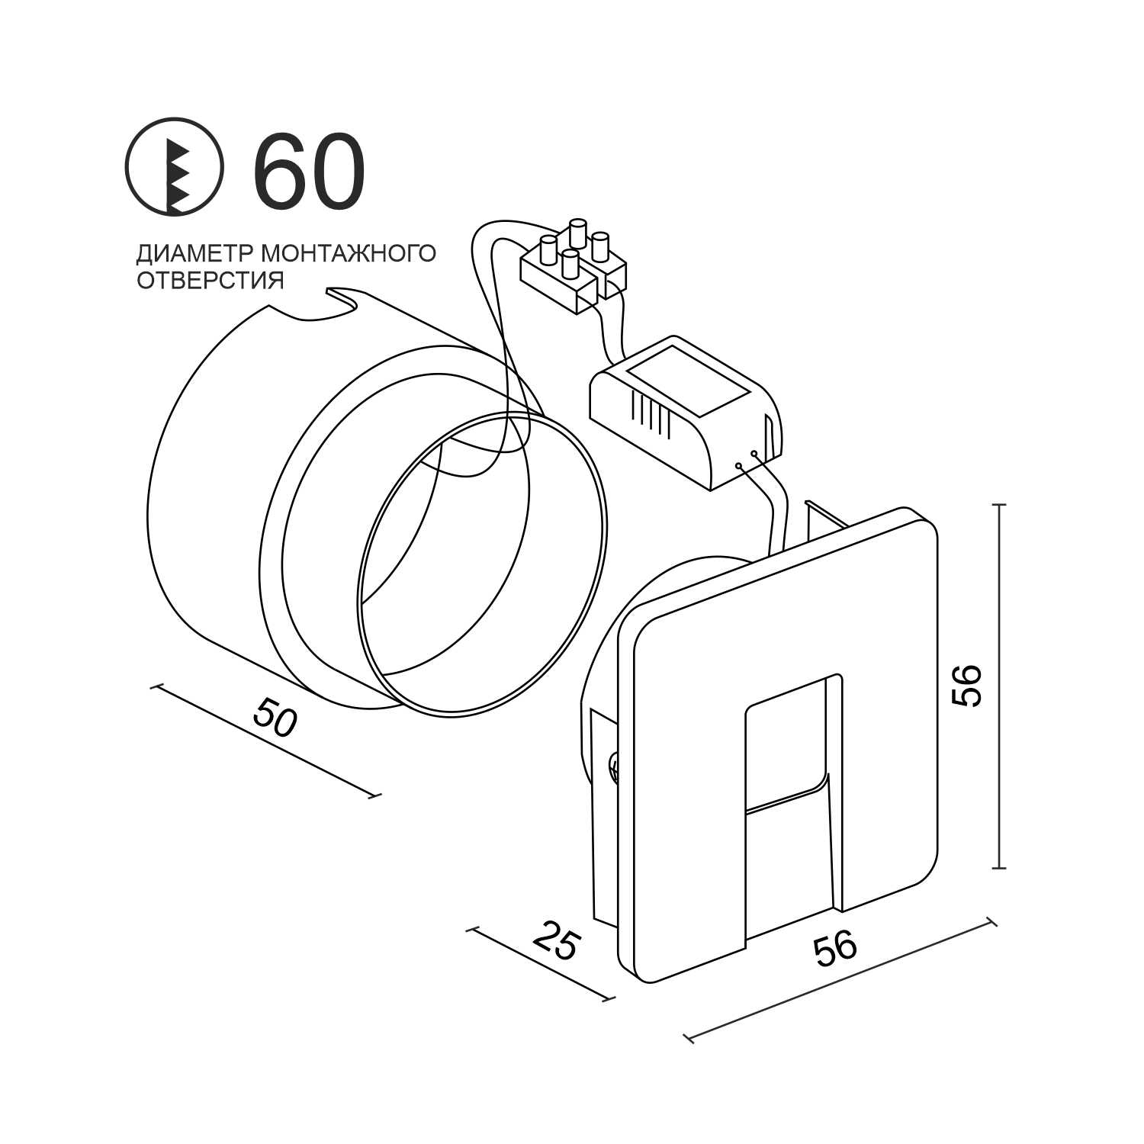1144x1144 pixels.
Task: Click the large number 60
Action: coord(309,172)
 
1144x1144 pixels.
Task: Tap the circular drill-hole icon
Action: coord(174,165)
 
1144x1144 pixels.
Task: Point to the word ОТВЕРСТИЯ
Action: coord(210,280)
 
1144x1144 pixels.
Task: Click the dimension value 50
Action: coord(274,718)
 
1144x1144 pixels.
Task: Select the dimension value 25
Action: coord(555,941)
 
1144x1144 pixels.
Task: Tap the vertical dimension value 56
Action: coord(966,686)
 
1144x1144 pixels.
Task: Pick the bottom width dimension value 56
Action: coord(835,949)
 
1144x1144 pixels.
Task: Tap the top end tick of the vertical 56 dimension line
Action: coord(1000,505)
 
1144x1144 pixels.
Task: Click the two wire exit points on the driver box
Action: coord(746,460)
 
